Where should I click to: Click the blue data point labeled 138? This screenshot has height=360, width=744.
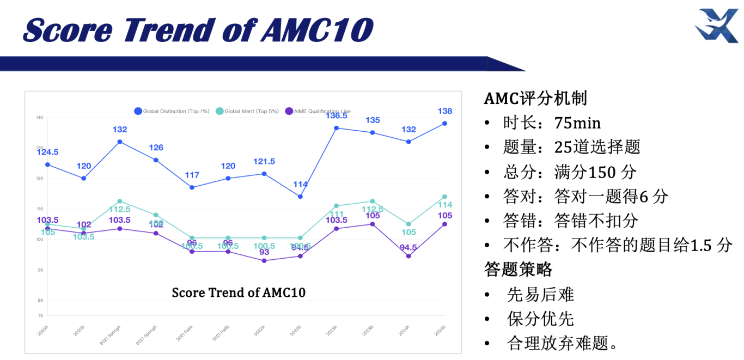coord(444,124)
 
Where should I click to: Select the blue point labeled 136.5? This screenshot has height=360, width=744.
coord(336,128)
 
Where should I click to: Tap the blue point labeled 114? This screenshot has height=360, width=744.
coord(300,197)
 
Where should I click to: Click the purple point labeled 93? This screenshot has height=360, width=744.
coord(264,260)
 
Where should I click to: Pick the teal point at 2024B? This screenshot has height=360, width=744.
coord(444,197)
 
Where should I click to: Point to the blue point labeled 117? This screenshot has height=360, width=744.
coord(192,187)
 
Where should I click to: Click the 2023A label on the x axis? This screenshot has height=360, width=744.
coord(332,330)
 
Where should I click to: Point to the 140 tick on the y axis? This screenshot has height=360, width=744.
coord(39,118)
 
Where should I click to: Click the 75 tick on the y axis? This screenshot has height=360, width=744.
coord(40,315)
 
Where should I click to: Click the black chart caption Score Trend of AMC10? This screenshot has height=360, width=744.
coord(239,293)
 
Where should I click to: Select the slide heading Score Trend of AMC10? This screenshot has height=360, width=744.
coord(198,29)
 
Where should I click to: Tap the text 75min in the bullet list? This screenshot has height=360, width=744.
coord(577,123)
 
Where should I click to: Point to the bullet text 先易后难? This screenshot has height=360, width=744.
coord(540,295)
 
